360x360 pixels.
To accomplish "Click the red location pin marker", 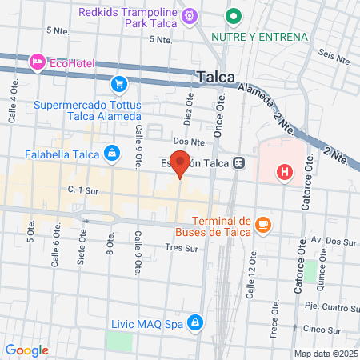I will pos(181,162).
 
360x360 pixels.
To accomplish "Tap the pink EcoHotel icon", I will pos(37,61).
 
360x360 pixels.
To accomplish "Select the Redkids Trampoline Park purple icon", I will pos(190,15).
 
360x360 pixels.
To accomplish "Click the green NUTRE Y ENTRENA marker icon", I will pos(234,15).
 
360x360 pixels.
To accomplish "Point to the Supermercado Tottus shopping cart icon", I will pos(119,83).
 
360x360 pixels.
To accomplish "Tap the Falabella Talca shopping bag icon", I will pos(113,153).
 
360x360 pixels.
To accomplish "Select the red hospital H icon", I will pos(283,171).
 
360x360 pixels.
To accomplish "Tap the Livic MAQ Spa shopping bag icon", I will pos(194,322).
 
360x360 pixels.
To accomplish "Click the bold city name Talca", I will pos(215,77).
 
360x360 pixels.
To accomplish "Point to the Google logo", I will pos(26,350).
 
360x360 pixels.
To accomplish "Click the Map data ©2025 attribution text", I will pos(325,354).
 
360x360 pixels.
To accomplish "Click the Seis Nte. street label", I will pos(335,58).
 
